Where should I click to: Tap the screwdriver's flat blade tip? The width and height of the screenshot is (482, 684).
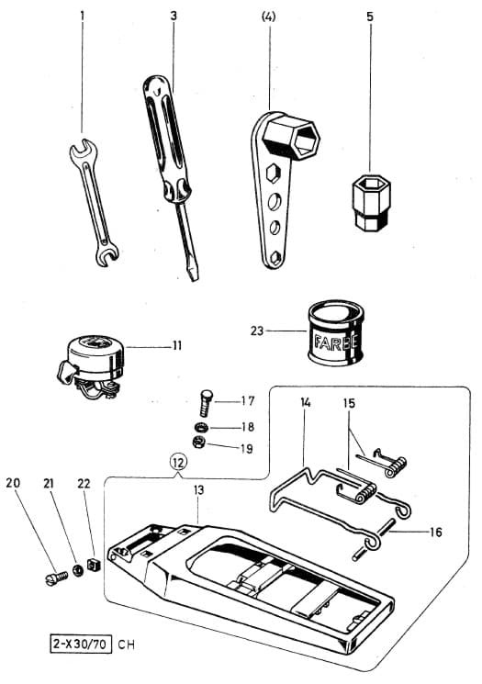click(x=193, y=272)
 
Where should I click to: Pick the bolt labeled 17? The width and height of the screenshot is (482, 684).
click(x=206, y=401)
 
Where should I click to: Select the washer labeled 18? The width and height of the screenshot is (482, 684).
click(x=200, y=428)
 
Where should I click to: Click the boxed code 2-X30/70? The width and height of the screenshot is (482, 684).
click(x=81, y=645)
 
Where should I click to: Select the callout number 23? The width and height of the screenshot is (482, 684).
click(x=259, y=330)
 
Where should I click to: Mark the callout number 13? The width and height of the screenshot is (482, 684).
click(x=199, y=491)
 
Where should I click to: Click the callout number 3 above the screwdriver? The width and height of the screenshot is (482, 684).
click(x=174, y=17)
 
